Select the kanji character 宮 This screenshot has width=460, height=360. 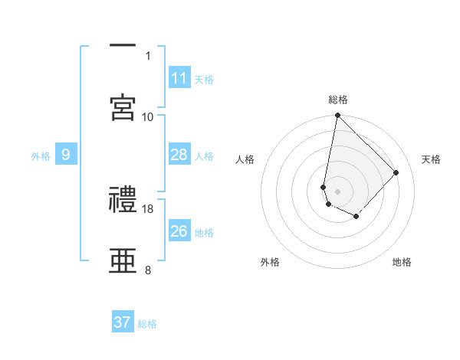pos(123,106)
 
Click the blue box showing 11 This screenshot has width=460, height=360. pos(179,78)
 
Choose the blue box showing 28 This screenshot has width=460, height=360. pos(179,155)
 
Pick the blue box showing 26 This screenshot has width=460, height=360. pos(179,231)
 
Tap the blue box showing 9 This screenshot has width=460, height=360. pos(66,155)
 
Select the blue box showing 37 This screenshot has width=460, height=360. pos(123,322)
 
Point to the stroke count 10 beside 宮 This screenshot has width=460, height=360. pos(148,116)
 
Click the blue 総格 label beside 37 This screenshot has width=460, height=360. pos(147,324)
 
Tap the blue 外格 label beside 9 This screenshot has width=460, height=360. pos(41,156)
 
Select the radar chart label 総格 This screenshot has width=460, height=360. pos(338,100)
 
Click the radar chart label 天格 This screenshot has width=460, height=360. pos(432,159)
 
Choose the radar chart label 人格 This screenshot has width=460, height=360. pos(245,159)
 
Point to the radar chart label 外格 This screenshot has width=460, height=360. pos(270,262)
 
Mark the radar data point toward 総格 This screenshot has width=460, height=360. pos(337,116)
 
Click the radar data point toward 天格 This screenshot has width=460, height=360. pos(396,172)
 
